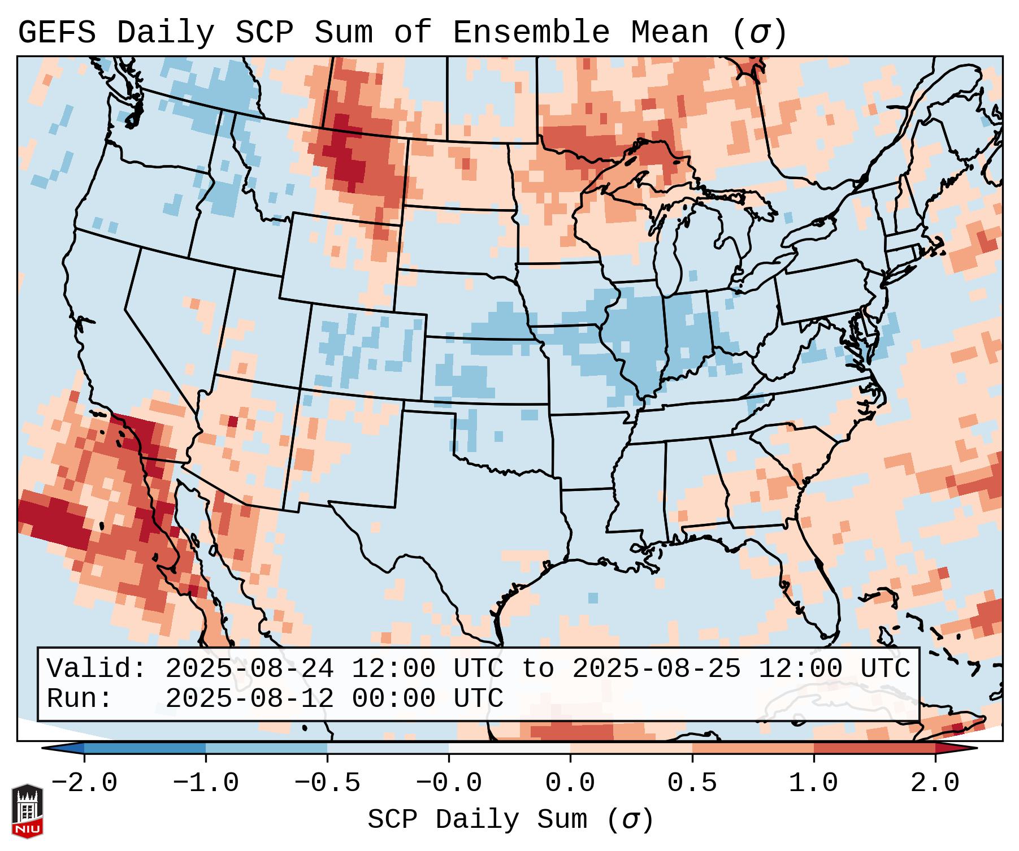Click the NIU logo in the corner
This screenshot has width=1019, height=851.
click(27, 811)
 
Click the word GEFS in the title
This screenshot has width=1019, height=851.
click(57, 33)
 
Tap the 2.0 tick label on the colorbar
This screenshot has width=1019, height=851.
click(935, 783)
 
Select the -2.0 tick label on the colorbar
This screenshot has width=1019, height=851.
click(84, 783)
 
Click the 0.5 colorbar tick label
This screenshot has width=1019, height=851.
click(692, 783)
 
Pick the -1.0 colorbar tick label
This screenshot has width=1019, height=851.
click(206, 783)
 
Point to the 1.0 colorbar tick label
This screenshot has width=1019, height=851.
click(813, 783)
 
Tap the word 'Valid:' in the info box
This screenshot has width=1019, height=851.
click(97, 668)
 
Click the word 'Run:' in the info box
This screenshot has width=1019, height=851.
click(79, 698)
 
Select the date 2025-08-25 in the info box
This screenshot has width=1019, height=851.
click(656, 668)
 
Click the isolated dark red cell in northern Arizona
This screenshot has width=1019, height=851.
click(233, 421)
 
